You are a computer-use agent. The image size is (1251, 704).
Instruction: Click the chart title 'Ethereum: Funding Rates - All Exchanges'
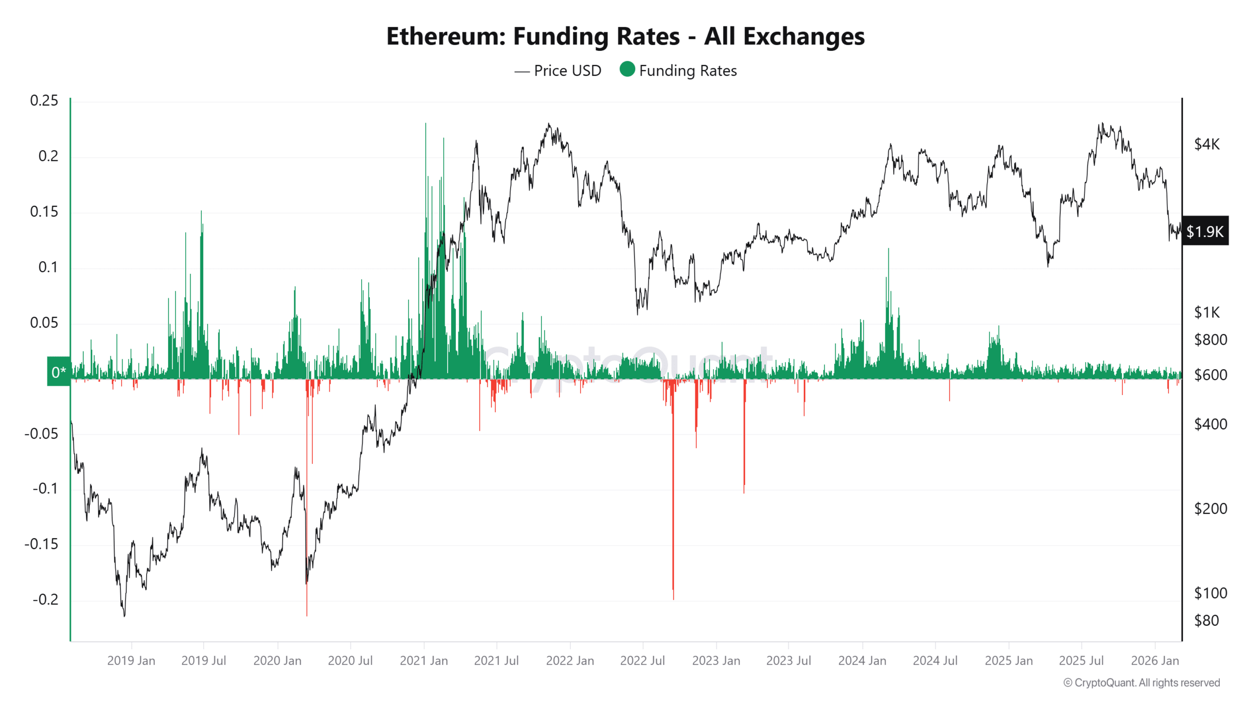tap(625, 36)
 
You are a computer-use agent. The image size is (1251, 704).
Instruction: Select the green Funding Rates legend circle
tap(627, 69)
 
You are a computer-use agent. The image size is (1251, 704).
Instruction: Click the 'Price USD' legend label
tap(567, 71)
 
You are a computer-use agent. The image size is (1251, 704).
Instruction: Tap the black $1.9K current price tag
tap(1205, 231)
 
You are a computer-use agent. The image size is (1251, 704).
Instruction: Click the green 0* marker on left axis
tap(59, 372)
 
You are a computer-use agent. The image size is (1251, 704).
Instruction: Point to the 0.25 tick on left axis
tap(44, 101)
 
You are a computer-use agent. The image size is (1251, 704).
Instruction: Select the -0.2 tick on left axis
tap(45, 599)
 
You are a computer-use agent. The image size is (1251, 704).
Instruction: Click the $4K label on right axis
tap(1207, 144)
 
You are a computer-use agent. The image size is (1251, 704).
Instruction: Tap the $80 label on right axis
tap(1207, 620)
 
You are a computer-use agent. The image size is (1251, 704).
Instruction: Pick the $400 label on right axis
tap(1210, 424)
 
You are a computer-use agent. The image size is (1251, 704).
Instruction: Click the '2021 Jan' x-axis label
tap(424, 660)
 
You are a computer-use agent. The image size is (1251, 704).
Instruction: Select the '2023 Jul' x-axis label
tap(788, 660)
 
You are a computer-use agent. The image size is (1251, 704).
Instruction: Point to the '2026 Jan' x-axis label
tap(1154, 660)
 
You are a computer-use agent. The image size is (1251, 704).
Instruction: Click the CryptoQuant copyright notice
tap(1142, 682)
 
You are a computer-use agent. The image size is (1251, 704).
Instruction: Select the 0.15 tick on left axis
tap(44, 212)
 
